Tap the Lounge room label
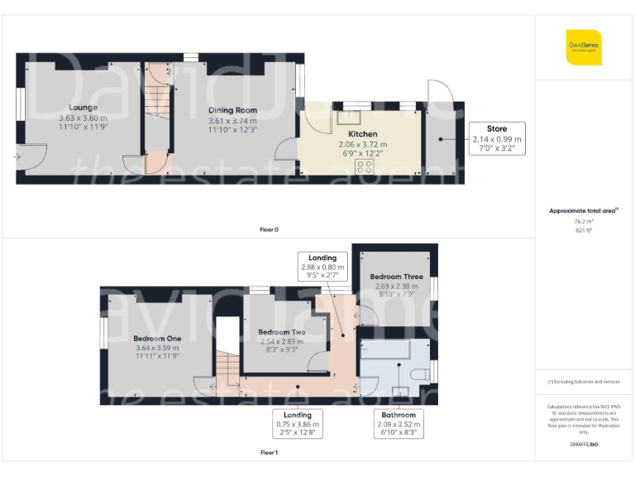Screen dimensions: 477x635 [x=83, y=108]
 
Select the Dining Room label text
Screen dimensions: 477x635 [x=232, y=110]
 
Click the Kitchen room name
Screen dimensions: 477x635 [x=362, y=134]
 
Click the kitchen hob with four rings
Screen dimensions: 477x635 [x=363, y=166]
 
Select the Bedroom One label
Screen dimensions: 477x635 [x=157, y=339]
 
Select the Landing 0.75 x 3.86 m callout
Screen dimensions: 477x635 [x=297, y=423]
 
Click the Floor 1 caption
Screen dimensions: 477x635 [x=269, y=453]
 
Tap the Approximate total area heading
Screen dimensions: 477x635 [x=584, y=211]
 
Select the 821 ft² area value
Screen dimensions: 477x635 [x=584, y=230]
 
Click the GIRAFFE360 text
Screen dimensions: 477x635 [x=584, y=445]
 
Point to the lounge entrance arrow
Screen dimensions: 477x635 [x=17, y=156]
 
